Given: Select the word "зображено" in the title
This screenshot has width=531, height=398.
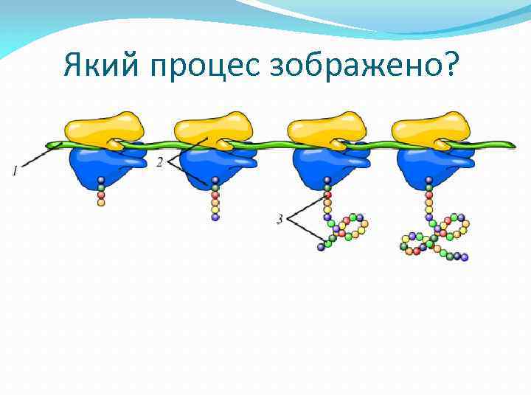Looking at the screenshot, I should (x=352, y=68).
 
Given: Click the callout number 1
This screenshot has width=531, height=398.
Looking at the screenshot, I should (x=15, y=171).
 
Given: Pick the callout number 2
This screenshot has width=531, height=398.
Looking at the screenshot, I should (x=160, y=163).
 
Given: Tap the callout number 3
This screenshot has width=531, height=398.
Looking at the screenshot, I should (x=280, y=219).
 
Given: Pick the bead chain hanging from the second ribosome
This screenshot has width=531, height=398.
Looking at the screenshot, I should (x=215, y=199).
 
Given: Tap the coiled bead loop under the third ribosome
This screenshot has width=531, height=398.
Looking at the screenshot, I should (x=344, y=228).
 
